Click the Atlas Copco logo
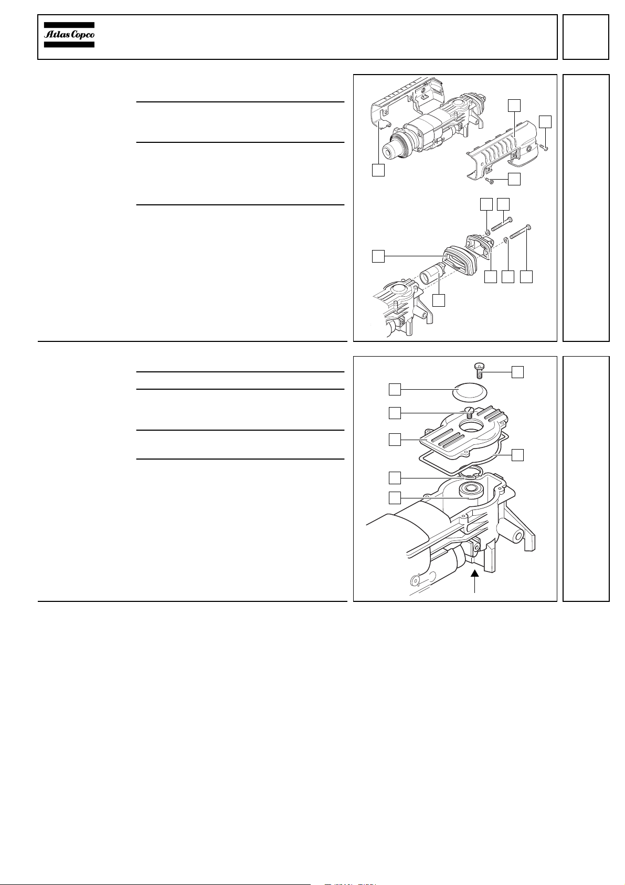(69, 35)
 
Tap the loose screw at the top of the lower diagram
(479, 371)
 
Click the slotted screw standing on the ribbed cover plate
(468, 412)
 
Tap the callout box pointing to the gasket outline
(517, 455)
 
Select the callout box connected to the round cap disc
(395, 389)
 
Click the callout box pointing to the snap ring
(395, 477)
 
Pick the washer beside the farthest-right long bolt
(506, 239)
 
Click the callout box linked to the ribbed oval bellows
(378, 256)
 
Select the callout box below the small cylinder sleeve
(439, 300)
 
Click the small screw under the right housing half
(490, 181)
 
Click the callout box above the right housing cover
(514, 106)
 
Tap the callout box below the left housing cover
(378, 170)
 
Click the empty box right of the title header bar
(586, 37)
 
